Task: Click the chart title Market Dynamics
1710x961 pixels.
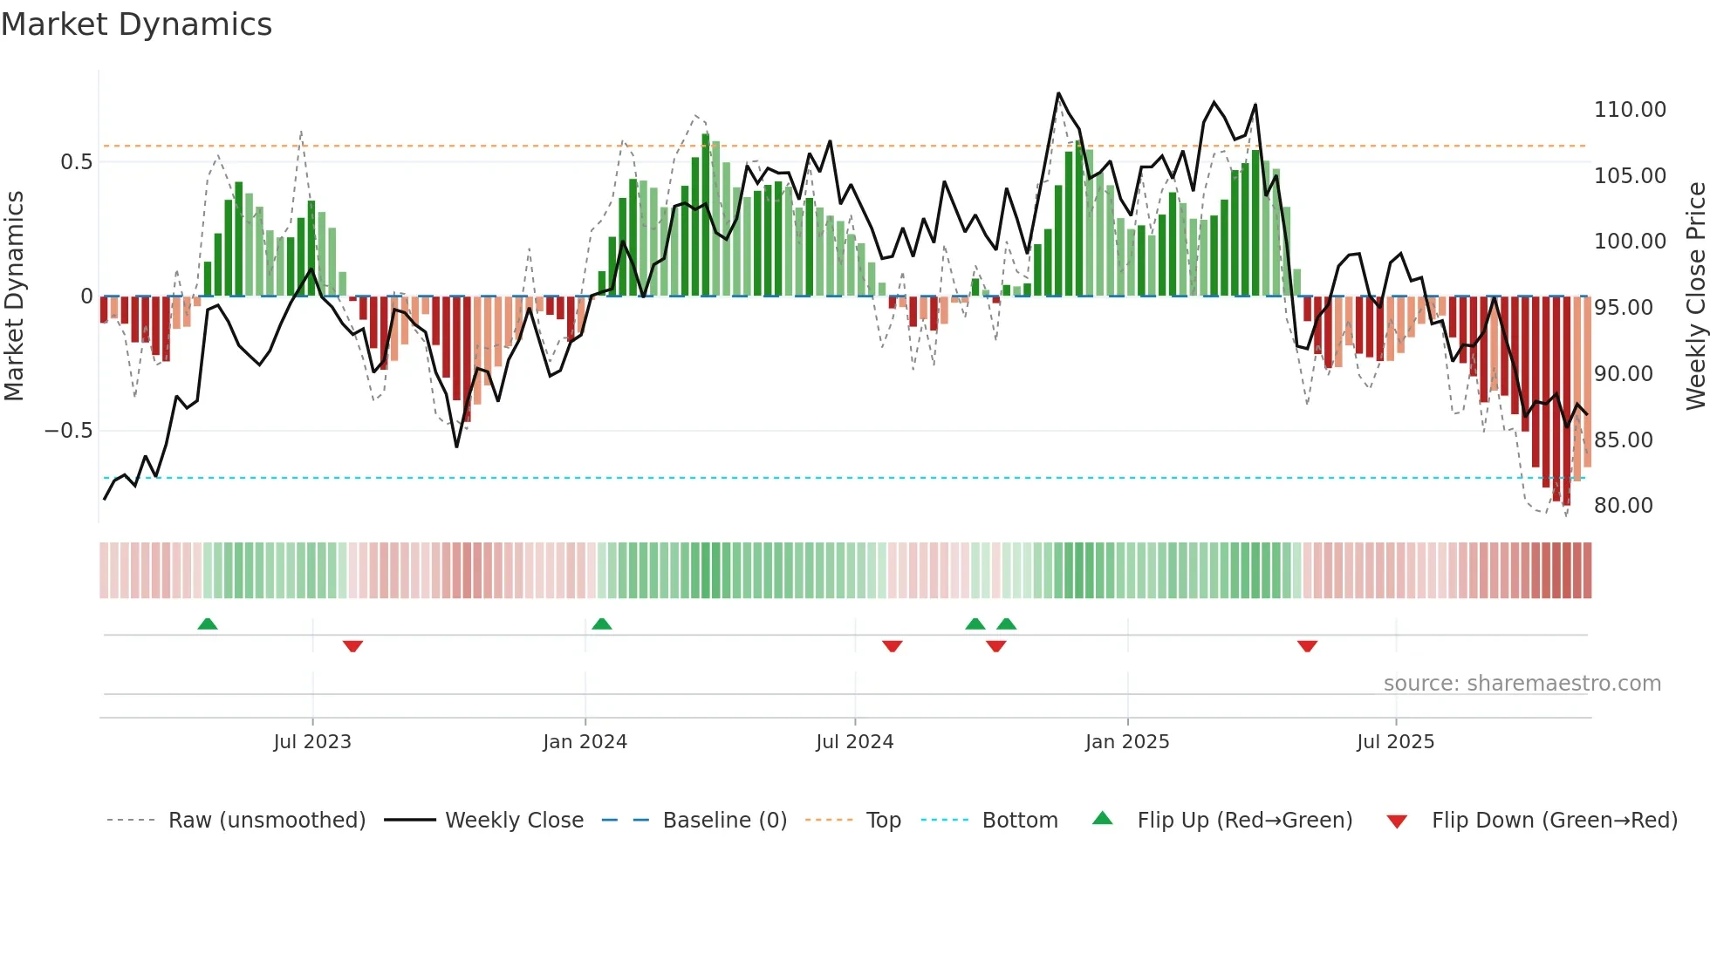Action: coord(136,24)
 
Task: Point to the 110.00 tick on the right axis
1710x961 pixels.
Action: coord(1630,110)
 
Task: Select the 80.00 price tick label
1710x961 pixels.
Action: coord(1623,506)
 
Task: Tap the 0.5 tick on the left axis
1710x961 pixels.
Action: coord(76,162)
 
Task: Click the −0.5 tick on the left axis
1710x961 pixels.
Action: coord(68,431)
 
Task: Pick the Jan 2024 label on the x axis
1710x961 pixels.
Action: coord(585,742)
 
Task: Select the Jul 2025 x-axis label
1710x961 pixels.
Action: coord(1395,742)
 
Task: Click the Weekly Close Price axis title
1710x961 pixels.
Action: coord(1695,296)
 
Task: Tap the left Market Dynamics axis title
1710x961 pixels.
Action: coord(14,296)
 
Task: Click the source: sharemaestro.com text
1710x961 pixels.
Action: coord(1522,684)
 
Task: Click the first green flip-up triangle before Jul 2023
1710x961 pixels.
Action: coord(208,624)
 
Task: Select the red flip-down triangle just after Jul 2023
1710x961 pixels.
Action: coord(352,646)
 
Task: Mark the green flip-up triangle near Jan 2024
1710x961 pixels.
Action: coord(602,624)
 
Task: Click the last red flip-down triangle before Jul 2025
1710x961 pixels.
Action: coord(1307,646)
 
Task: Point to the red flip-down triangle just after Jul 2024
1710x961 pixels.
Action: coord(892,646)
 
